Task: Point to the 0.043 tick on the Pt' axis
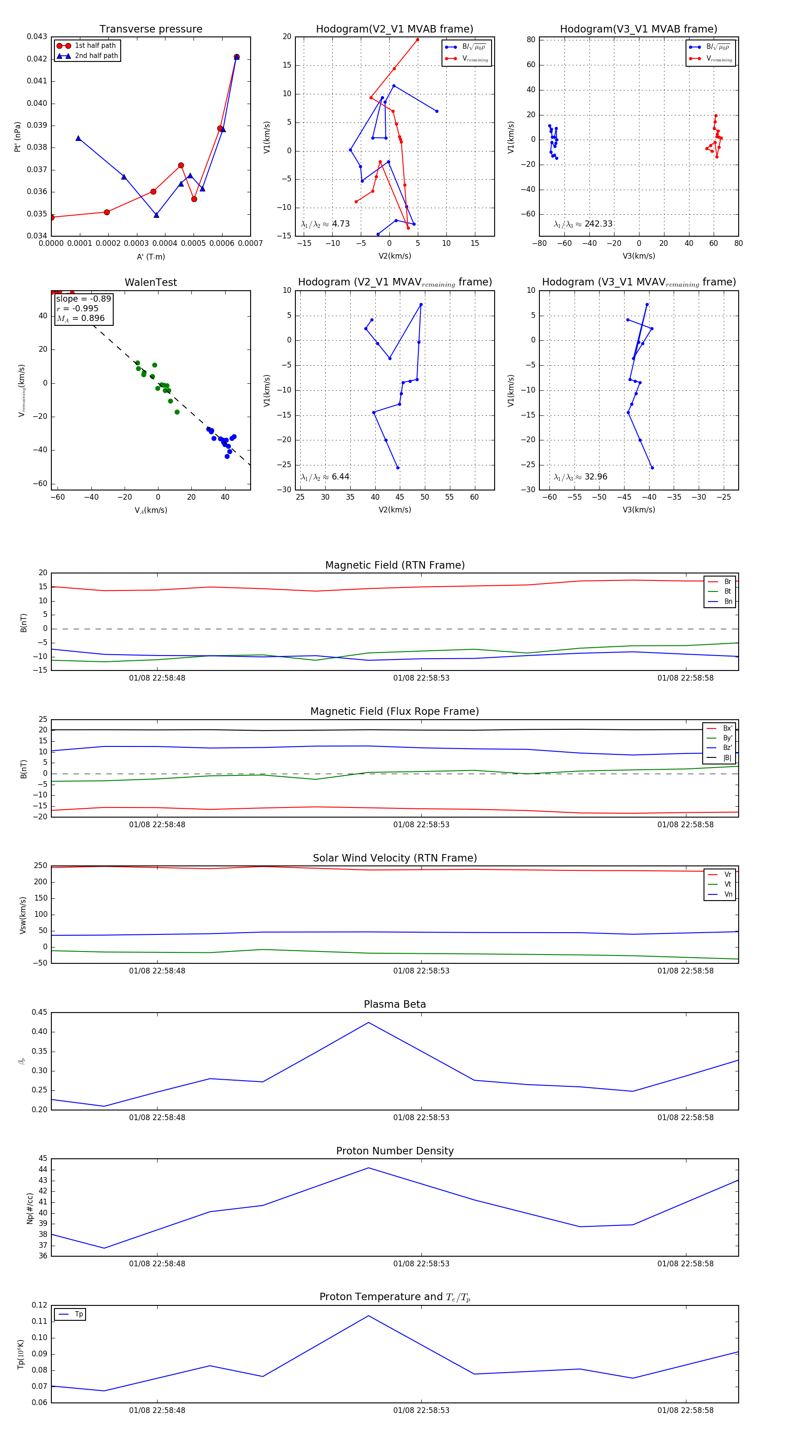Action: (37, 36)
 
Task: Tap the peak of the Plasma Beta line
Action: (368, 1023)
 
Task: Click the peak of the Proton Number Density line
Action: (368, 1168)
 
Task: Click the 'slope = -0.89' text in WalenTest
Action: (83, 299)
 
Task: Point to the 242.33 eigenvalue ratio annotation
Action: (598, 224)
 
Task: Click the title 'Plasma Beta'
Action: (395, 1004)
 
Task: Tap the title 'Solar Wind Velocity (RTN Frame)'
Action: (395, 858)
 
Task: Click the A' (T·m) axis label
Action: (151, 256)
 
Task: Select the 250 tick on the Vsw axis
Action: (40, 866)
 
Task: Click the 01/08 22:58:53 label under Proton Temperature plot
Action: (421, 1410)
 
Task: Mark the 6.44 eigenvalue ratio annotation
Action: (340, 477)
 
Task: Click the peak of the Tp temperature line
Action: (368, 1316)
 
